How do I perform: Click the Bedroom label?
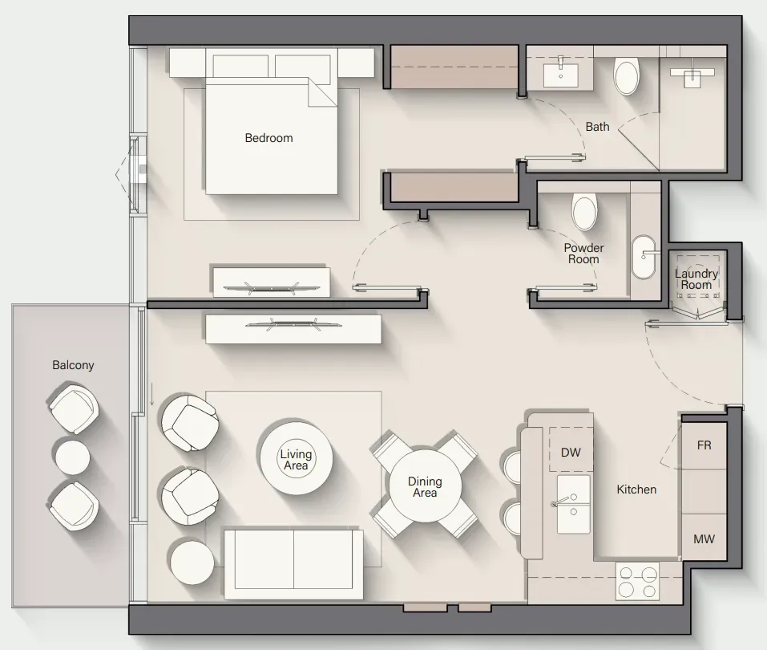(x=268, y=138)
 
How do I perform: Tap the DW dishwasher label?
(x=571, y=452)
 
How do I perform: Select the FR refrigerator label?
(x=704, y=445)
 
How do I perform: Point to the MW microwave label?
(x=704, y=538)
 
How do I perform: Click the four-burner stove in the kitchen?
(x=637, y=582)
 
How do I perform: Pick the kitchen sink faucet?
(x=561, y=502)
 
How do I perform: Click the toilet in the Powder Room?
(x=584, y=212)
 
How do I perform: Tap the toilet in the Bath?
(x=627, y=76)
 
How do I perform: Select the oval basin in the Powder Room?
(x=644, y=258)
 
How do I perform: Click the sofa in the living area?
(x=293, y=563)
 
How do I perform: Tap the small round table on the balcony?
(x=72, y=457)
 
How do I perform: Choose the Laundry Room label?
(x=696, y=279)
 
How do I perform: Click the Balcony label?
(x=73, y=365)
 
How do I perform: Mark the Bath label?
(x=597, y=127)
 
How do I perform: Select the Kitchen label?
(x=636, y=490)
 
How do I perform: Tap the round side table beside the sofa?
(x=192, y=562)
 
